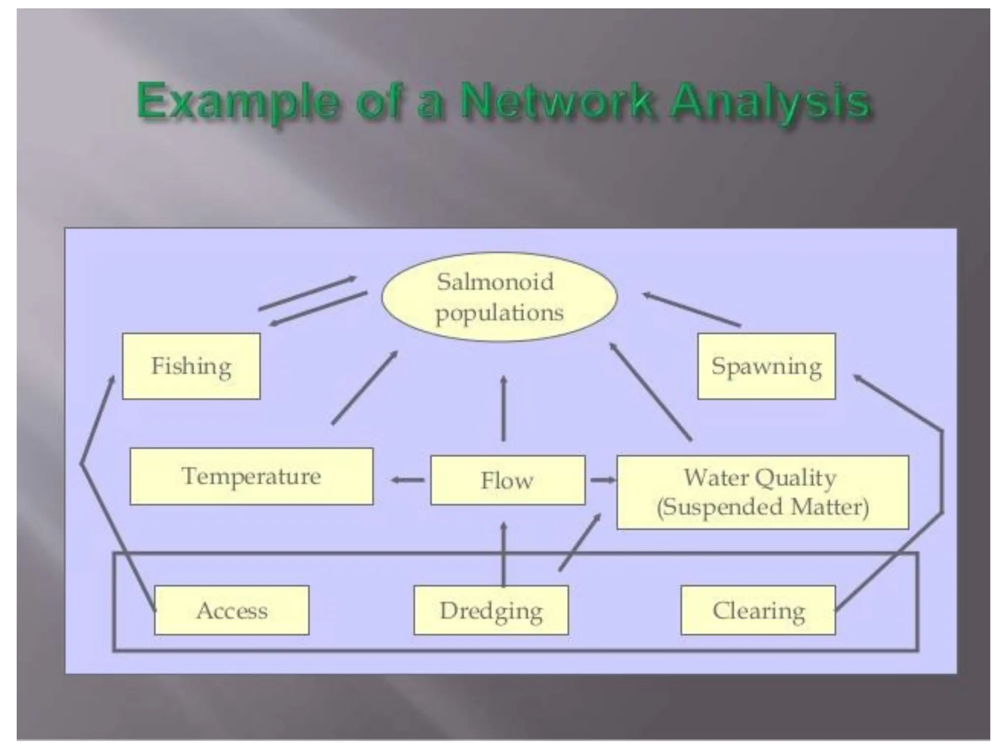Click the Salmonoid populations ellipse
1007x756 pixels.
pyautogui.click(x=499, y=297)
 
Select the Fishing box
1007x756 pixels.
pyautogui.click(x=191, y=366)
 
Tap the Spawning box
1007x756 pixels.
pyautogui.click(x=766, y=366)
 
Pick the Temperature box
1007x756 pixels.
pyautogui.click(x=251, y=476)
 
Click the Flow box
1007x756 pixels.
pyautogui.click(x=507, y=480)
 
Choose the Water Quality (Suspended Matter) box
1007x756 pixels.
pyautogui.click(x=762, y=492)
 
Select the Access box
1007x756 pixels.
pyautogui.click(x=232, y=610)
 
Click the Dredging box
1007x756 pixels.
pyautogui.click(x=491, y=610)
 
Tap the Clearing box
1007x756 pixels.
pyautogui.click(x=758, y=610)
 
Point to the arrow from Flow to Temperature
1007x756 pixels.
pyautogui.click(x=408, y=480)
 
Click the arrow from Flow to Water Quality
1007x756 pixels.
pyautogui.click(x=602, y=480)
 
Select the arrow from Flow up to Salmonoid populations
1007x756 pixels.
pyautogui.click(x=503, y=409)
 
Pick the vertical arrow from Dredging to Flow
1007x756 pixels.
pyautogui.click(x=503, y=554)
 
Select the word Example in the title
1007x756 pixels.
pyautogui.click(x=237, y=102)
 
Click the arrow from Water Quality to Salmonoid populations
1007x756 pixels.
pyautogui.click(x=651, y=391)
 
